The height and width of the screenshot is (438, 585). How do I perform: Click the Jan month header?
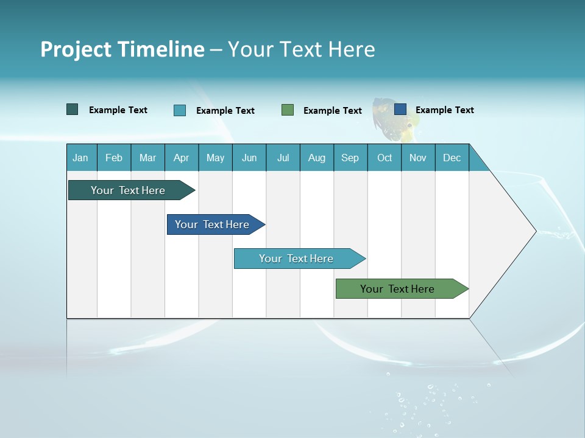click(80, 158)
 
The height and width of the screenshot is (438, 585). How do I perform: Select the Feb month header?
click(114, 158)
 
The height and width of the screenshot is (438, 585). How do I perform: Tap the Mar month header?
click(147, 158)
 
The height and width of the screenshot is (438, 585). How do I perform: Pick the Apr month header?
click(181, 158)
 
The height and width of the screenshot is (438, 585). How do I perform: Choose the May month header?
click(215, 158)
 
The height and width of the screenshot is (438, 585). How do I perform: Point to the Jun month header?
click(249, 158)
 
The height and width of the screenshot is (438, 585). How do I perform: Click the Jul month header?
click(283, 158)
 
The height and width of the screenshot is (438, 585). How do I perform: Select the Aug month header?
click(317, 158)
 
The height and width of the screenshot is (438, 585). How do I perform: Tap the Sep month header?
click(350, 158)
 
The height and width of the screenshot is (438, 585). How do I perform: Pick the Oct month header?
click(385, 158)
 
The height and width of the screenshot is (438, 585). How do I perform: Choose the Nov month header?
click(418, 158)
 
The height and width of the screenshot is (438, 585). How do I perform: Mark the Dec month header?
click(452, 158)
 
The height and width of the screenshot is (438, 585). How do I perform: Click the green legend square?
click(288, 110)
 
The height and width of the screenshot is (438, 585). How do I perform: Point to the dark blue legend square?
click(400, 109)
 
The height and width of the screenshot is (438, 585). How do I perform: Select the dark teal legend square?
click(73, 109)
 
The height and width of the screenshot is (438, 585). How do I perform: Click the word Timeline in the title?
click(162, 49)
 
